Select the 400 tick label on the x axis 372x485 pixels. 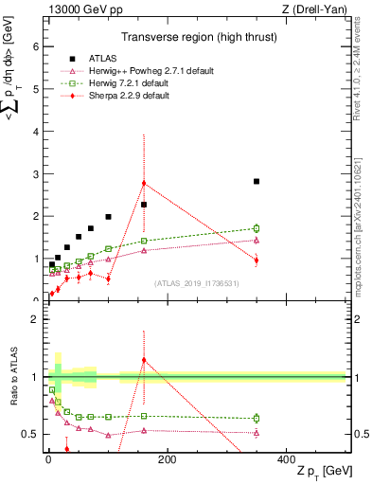286,458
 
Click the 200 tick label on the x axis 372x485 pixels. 168,458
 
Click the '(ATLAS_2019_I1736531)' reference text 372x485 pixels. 197,283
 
